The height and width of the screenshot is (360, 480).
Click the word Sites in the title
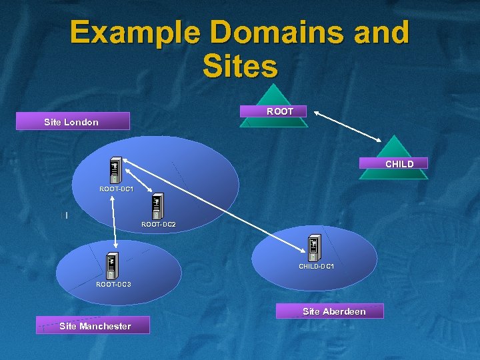click(239, 66)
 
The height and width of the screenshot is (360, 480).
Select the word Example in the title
click(133, 32)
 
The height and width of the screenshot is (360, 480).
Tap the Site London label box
click(72, 121)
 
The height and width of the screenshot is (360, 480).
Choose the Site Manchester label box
click(95, 325)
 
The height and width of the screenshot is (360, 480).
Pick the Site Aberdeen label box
click(334, 311)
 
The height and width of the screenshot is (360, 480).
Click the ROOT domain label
click(280, 111)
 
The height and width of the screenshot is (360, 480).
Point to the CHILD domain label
click(399, 163)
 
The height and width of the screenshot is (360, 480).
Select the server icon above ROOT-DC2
click(158, 207)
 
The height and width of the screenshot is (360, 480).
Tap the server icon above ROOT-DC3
click(111, 266)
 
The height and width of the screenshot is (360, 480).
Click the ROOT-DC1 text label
click(116, 189)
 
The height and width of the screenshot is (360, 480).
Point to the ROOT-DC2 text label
click(159, 225)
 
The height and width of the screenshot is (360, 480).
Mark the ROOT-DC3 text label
click(113, 285)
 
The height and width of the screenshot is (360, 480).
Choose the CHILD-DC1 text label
click(316, 266)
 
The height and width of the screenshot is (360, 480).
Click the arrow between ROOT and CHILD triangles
click(349, 126)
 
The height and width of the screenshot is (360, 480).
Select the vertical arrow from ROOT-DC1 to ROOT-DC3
click(116, 213)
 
